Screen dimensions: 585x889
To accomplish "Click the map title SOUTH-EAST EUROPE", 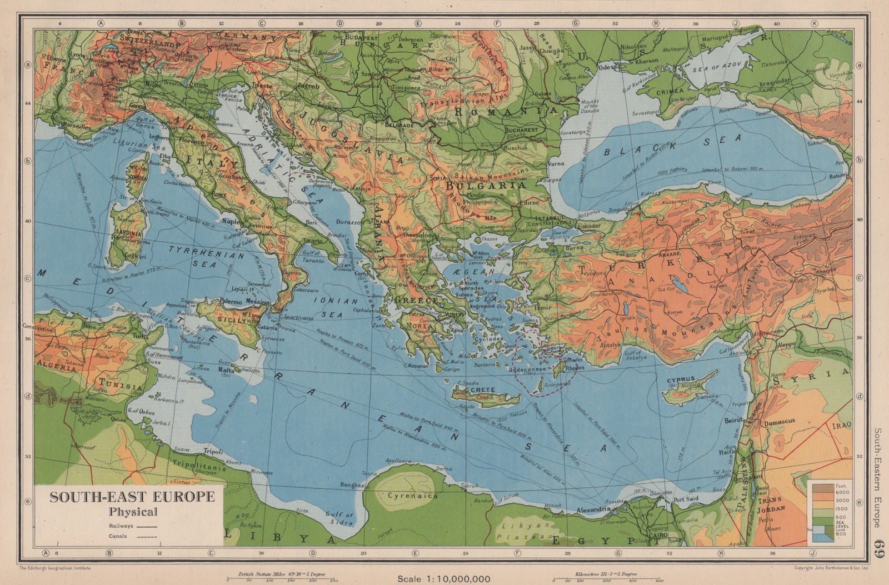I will (132, 497).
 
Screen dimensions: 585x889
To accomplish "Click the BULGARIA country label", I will (485, 187).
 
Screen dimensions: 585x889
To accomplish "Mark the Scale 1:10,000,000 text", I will (443, 579).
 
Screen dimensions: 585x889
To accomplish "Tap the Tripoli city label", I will (213, 451).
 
